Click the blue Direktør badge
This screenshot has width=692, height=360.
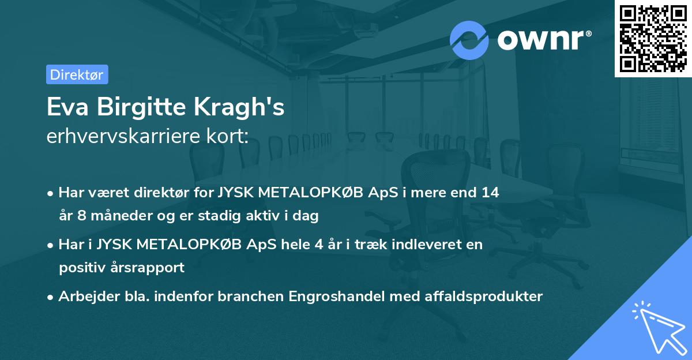(77, 74)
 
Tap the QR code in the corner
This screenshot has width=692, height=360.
(653, 38)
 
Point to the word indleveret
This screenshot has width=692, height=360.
(420, 245)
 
